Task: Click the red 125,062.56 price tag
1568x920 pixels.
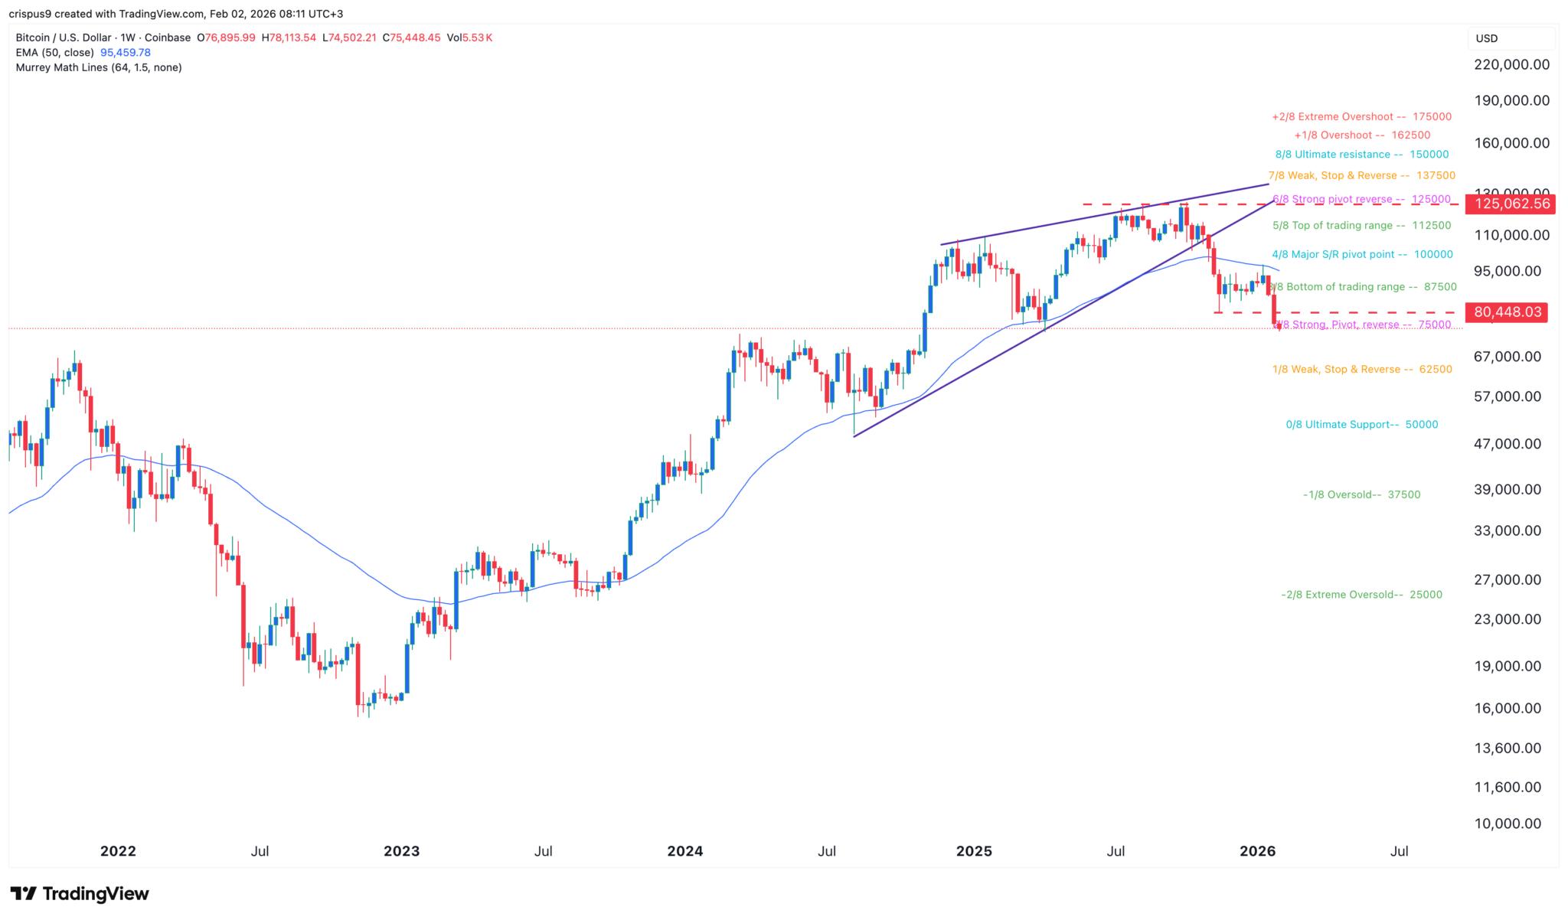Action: (1507, 204)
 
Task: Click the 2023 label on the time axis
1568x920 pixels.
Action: (402, 851)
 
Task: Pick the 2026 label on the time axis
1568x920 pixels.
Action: (1257, 851)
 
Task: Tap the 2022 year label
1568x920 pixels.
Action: (118, 851)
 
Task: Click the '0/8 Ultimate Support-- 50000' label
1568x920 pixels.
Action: (1361, 425)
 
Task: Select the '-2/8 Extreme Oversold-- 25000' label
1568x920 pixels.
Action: (1361, 595)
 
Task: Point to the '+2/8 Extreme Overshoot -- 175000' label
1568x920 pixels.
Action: (1361, 117)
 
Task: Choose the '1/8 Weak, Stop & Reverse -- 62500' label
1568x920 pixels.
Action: (1362, 370)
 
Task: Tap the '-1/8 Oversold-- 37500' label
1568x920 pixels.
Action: (1361, 495)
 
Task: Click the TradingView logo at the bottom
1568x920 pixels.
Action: (80, 894)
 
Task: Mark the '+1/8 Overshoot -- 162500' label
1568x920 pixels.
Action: (1361, 135)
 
